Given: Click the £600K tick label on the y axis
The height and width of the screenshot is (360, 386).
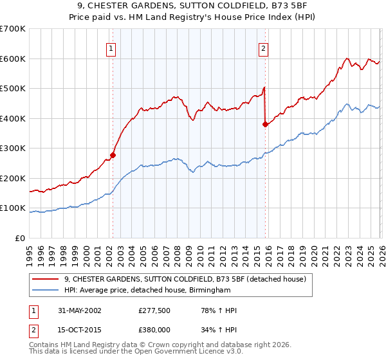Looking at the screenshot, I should click(12, 59).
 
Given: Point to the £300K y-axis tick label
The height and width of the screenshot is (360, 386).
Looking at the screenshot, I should click(12, 148).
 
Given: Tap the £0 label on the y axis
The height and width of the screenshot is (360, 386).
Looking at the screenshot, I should click(20, 238).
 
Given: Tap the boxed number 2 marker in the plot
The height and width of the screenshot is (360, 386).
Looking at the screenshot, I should click(264, 48).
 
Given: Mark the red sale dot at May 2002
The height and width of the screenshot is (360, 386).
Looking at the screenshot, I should click(113, 155).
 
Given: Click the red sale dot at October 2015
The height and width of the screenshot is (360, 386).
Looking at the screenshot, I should click(265, 124).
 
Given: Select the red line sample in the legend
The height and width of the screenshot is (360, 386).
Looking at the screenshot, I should click(46, 279).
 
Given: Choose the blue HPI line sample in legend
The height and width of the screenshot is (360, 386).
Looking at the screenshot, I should click(46, 291).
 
